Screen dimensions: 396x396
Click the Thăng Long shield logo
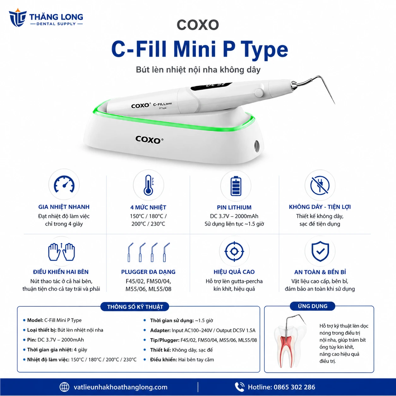coord(18,18)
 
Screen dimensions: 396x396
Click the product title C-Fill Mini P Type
coord(200,50)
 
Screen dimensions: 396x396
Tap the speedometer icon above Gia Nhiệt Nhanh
coord(64,184)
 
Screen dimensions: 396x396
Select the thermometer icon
coord(148,185)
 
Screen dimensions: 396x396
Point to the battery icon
coord(236,186)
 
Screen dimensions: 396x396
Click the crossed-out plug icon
coord(320,185)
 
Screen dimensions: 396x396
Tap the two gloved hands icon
coord(61,252)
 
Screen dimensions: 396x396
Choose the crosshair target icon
coord(234,251)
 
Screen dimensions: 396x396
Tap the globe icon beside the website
coord(64,387)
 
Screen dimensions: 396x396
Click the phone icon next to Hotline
coord(239,387)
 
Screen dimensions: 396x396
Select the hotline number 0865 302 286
coord(294,387)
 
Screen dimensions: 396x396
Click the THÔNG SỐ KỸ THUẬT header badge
coord(135,307)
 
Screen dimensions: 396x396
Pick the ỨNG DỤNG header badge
coord(313,306)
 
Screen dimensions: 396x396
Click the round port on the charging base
coord(257,146)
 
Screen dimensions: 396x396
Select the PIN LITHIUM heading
coord(234,207)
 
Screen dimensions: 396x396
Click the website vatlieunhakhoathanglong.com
coord(120,387)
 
